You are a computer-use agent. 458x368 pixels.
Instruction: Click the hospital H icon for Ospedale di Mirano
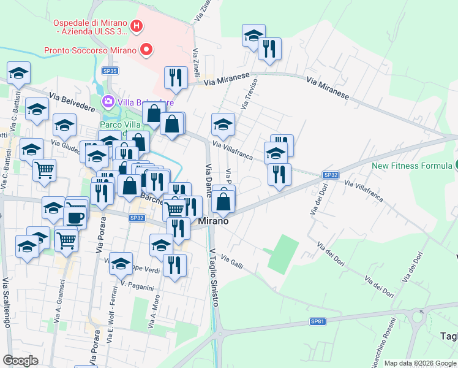coord(137,26)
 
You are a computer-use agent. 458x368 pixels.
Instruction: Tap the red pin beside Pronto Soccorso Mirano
coord(146,50)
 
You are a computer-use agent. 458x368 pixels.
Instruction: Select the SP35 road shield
coord(110,71)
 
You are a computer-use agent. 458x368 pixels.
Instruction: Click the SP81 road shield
coord(317,321)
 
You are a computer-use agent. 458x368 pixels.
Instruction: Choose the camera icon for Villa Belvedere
coord(108,101)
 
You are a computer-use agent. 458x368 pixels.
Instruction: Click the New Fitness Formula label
coord(411,166)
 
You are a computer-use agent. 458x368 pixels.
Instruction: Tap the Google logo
coord(21,361)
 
